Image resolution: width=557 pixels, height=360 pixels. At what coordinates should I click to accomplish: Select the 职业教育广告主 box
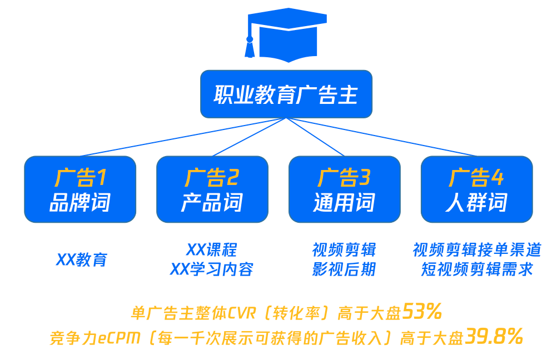point(286,94)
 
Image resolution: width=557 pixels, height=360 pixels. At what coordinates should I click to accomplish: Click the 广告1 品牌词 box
point(80,189)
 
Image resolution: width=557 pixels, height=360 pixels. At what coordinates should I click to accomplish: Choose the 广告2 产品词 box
point(212,189)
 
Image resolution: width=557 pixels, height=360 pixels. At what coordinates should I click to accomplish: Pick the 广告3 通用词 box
point(344,189)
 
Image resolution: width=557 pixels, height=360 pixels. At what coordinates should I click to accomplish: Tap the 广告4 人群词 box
point(476,189)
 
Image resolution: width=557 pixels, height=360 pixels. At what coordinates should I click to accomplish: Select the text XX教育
point(81,259)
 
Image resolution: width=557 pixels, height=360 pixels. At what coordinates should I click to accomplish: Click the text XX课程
point(211,249)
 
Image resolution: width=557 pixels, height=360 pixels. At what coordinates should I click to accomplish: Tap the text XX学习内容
point(211,269)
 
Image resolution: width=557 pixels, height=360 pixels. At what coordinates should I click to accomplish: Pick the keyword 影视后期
point(344,269)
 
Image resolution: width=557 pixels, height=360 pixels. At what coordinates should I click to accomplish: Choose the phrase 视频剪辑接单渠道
point(476,249)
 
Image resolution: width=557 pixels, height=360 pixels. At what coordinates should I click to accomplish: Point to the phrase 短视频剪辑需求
point(476,269)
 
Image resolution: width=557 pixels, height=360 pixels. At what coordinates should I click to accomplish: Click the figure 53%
point(422,312)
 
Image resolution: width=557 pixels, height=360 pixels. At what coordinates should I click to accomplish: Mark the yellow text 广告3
point(344,178)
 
